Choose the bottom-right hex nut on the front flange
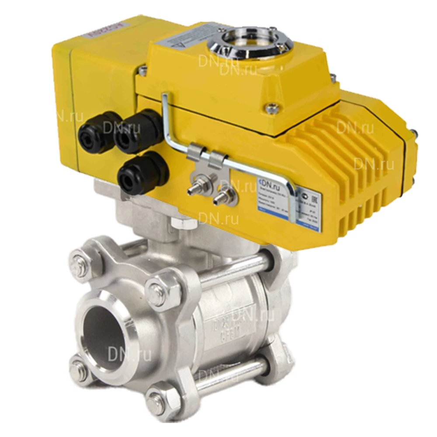tap(161, 399)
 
